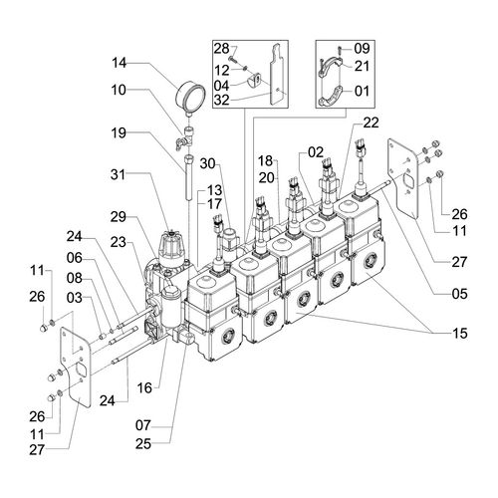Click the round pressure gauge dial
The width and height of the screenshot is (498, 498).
[x=189, y=99]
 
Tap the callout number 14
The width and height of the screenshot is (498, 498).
[x=119, y=63]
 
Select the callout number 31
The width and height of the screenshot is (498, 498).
[x=118, y=174]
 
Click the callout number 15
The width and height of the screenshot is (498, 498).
[x=460, y=333]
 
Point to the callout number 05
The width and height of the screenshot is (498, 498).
[x=459, y=294]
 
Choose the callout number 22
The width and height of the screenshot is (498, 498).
[x=371, y=123]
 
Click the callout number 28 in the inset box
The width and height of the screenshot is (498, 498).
[x=221, y=49]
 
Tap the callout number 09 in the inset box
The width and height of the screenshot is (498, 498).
[x=362, y=49]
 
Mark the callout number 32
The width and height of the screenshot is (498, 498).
[x=221, y=100]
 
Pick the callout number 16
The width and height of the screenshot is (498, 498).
[x=144, y=387]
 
